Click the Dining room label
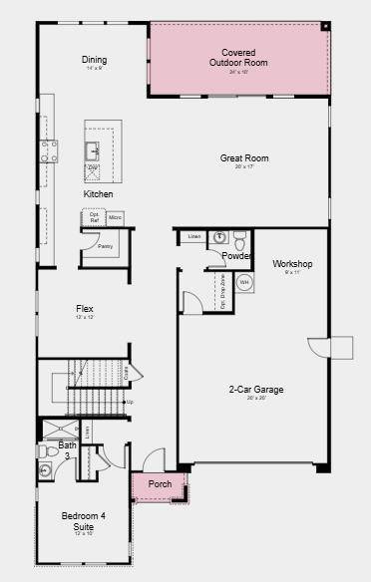pyautogui.click(x=94, y=60)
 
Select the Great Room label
pyautogui.click(x=244, y=157)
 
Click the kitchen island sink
pyautogui.click(x=93, y=150)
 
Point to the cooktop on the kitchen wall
pyautogui.click(x=48, y=150)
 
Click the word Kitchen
pyautogui.click(x=98, y=193)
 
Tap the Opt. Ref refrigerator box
pyautogui.click(x=94, y=217)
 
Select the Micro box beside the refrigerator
pyautogui.click(x=115, y=217)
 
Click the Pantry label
pyautogui.click(x=105, y=245)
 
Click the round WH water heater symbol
pyautogui.click(x=244, y=282)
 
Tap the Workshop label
pyautogui.click(x=292, y=264)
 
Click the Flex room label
pyautogui.click(x=85, y=309)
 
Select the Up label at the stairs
pyautogui.click(x=129, y=402)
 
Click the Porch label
pyautogui.click(x=160, y=484)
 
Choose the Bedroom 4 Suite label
pyautogui.click(x=83, y=519)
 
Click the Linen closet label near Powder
pyautogui.click(x=193, y=236)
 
